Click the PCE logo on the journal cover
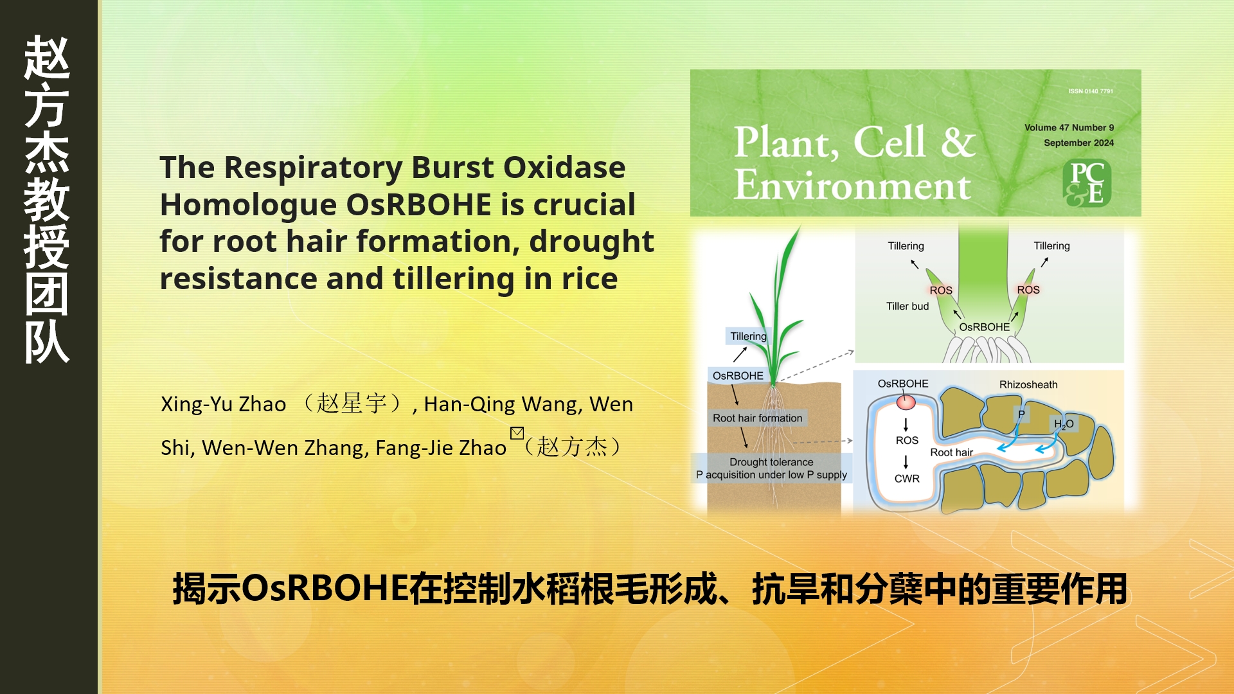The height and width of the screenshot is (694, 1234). tap(1087, 183)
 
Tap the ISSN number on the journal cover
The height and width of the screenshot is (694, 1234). tap(1091, 91)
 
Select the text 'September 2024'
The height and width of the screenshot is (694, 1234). tap(1078, 143)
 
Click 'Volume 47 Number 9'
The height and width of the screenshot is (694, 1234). tap(1069, 127)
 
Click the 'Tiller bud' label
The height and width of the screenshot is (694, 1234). tap(908, 306)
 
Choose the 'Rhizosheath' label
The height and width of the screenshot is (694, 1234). tap(1028, 384)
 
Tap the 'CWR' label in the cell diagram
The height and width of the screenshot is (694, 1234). tap(907, 478)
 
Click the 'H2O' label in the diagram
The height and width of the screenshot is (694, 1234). tap(1064, 424)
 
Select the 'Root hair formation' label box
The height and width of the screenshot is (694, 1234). tap(757, 418)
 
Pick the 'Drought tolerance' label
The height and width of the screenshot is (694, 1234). tap(771, 461)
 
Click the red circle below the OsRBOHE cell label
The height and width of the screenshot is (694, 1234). tap(906, 402)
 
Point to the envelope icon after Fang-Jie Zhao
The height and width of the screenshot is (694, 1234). tap(517, 432)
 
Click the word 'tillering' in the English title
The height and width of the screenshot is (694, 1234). tap(454, 279)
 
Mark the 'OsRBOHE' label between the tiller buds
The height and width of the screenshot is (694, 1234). tap(984, 326)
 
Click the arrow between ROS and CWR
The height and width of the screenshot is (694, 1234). tap(906, 461)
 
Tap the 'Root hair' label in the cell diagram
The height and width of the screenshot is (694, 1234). tap(951, 452)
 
